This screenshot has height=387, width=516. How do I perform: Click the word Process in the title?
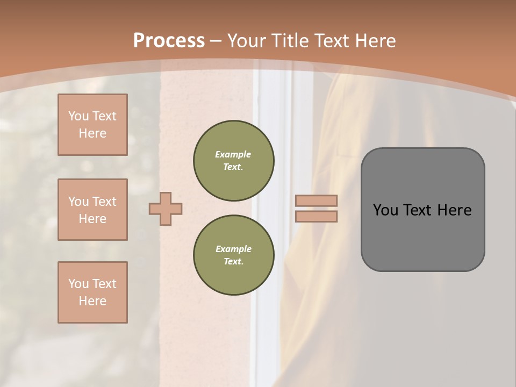pos(169,41)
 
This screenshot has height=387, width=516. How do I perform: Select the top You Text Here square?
pos(92,125)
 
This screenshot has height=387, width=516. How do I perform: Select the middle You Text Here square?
pos(92,210)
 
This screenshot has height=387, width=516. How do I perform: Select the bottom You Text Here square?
pos(92,292)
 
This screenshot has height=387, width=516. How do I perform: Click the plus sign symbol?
pos(165,209)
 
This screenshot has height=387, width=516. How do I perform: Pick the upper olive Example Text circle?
pos(233,160)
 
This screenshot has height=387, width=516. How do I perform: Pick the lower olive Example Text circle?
pos(233,255)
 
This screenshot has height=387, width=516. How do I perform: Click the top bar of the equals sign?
pos(316,201)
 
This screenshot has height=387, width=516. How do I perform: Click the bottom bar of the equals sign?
pos(316,216)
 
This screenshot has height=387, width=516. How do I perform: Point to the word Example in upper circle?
pos(233,154)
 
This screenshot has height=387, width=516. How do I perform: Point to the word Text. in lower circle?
pos(233,261)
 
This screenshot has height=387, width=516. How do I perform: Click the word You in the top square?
pos(78,116)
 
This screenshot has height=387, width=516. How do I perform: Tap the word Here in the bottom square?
pos(92,301)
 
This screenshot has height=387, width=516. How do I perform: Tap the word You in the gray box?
pos(385,210)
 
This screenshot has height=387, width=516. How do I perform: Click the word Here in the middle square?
pos(92,219)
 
